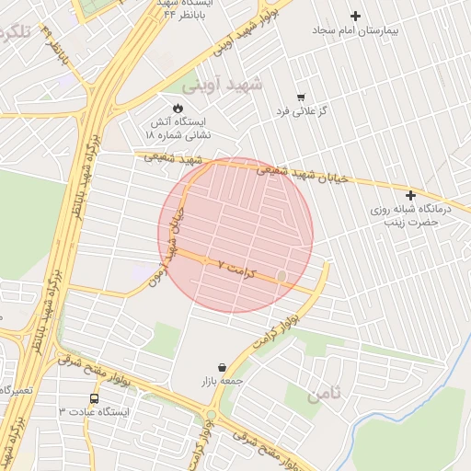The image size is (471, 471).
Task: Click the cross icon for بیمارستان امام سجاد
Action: point(356,16)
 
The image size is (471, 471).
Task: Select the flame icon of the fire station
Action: point(178,107)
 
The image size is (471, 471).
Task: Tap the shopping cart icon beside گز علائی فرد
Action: point(300,97)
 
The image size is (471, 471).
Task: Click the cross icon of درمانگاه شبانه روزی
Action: point(410,195)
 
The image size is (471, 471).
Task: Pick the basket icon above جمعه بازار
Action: point(222,366)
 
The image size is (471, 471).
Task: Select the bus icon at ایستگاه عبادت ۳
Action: point(95,398)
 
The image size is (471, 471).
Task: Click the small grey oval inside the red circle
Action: point(281,275)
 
